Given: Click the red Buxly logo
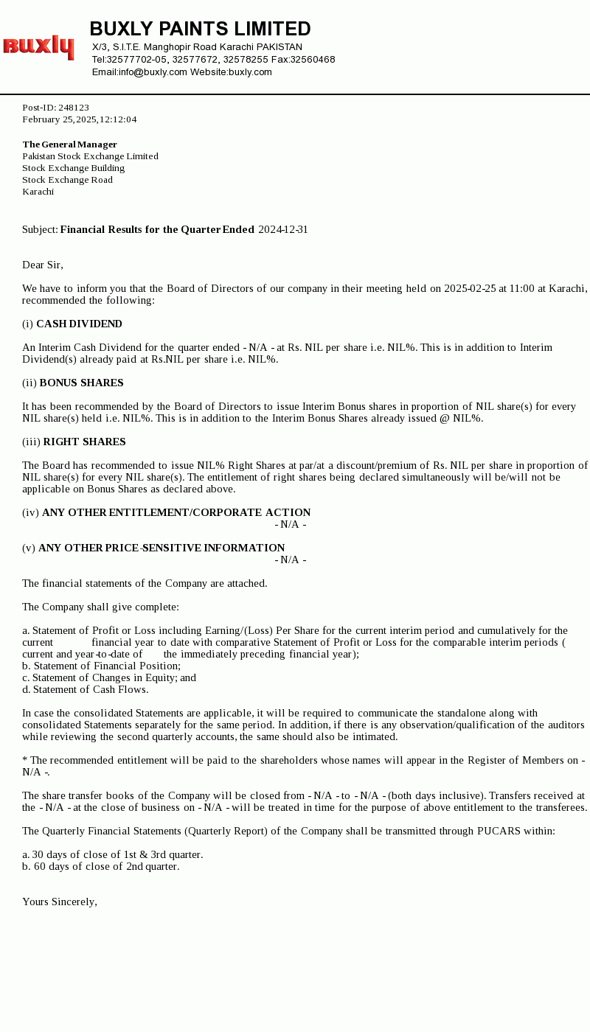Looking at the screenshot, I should coord(38,46).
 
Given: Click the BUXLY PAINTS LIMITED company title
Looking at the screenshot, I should coord(200,29).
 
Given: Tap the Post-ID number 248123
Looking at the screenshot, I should coord(74,108).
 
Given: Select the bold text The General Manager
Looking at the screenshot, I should coord(69,144).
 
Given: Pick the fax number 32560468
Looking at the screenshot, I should coord(313,60).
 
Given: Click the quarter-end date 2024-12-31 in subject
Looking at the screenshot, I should coord(283,230).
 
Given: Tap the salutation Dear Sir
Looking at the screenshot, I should coord(43,265).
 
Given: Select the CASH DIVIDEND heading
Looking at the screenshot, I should coord(79,324).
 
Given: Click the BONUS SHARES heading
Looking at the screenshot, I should coord(81,383).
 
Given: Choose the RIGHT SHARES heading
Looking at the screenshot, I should coord(84,442).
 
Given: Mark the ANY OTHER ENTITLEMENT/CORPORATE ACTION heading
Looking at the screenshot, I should coord(176,513).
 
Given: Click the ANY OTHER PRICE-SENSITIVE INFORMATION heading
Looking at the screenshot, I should coord(162,548).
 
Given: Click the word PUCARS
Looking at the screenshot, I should coord(502,831).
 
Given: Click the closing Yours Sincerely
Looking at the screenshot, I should coord(60,902).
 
